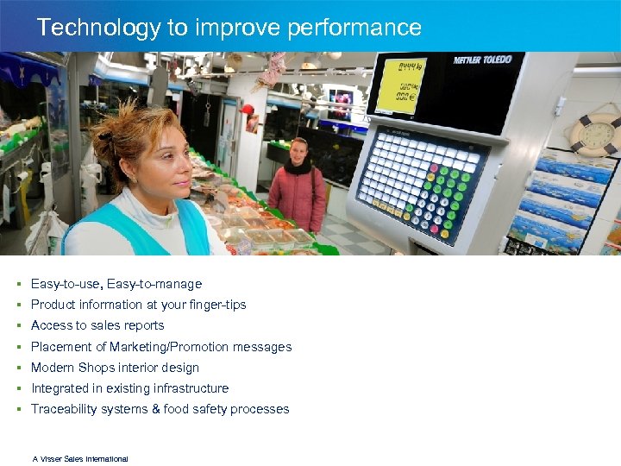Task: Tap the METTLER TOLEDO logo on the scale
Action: click(x=484, y=60)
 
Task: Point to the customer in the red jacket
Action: click(x=298, y=190)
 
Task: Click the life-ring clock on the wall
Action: click(x=594, y=134)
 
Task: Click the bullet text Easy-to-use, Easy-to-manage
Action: click(x=116, y=284)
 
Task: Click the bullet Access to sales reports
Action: click(x=97, y=325)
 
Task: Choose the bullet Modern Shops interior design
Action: click(x=115, y=368)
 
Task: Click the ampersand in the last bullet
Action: click(x=157, y=409)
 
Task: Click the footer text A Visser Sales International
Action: click(x=80, y=459)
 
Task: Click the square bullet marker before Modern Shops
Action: click(x=18, y=368)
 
